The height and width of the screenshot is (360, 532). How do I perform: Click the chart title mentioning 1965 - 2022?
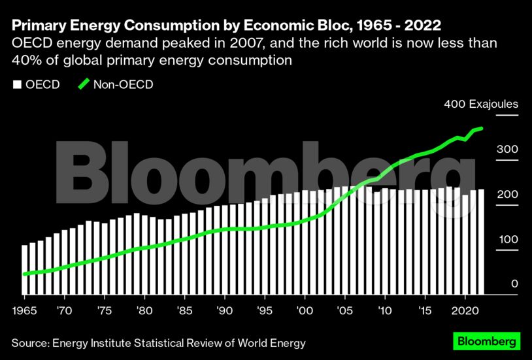tap(225, 25)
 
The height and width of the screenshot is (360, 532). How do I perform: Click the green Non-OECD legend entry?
tap(115, 84)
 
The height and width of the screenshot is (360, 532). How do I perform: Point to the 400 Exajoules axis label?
tap(481, 104)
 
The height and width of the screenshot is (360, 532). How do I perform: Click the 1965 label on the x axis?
tap(25, 308)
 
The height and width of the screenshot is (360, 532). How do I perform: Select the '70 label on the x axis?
tap(65, 308)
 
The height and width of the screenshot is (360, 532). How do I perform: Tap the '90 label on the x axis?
tap(225, 308)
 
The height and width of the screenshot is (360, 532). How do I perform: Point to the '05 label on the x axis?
tap(344, 308)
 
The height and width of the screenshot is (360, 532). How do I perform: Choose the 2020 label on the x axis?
tap(465, 308)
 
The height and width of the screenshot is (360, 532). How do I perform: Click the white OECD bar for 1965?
tap(25, 269)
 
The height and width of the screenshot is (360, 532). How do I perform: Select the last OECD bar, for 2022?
tap(481, 242)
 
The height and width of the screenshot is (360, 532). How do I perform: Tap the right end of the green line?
tap(482, 129)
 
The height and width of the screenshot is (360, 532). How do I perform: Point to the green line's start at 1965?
tap(25, 274)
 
